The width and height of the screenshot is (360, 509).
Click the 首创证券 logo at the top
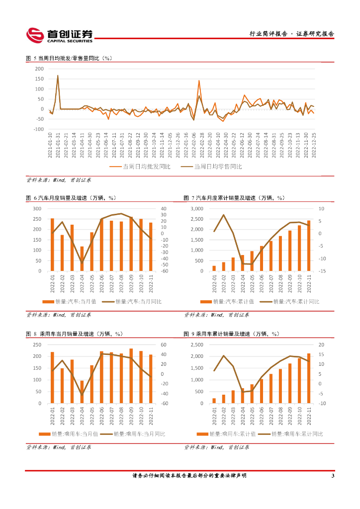tap(60, 35)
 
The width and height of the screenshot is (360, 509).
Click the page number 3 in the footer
tap(333, 476)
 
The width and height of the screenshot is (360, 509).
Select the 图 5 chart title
tap(70, 58)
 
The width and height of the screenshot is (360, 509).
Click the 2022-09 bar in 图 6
tap(131, 244)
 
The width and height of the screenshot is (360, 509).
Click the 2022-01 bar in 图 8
tap(52, 378)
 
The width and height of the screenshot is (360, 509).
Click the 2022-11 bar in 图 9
tap(308, 378)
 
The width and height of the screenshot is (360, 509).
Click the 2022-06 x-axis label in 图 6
tap(101, 283)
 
